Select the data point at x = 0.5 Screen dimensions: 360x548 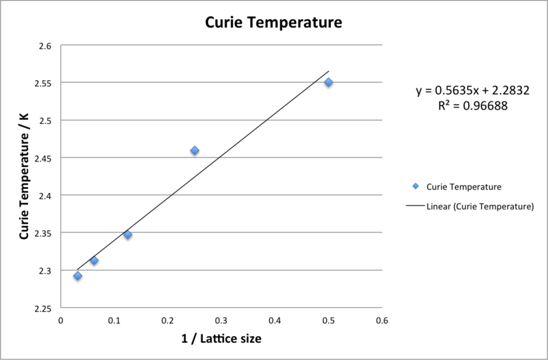click(329, 82)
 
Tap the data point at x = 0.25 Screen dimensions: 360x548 click(195, 151)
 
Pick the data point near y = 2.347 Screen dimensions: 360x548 click(127, 235)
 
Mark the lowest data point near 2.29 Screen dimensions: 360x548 click(77, 276)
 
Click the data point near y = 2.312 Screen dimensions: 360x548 click(94, 261)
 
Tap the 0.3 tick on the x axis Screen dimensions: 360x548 click(221, 320)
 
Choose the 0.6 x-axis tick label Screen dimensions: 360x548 click(382, 320)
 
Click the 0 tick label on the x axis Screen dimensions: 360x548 click(61, 320)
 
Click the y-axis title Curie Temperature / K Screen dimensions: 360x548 click(23, 177)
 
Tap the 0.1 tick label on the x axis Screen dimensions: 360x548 click(114, 320)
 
